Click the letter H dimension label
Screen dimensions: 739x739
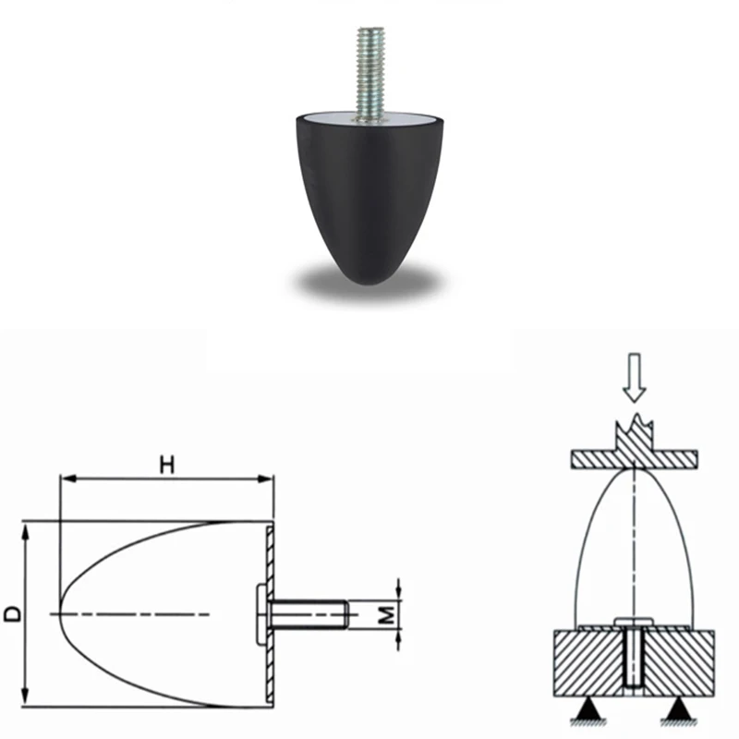[x=167, y=465]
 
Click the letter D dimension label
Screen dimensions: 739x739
[x=13, y=614]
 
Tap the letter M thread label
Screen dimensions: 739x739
[x=386, y=614]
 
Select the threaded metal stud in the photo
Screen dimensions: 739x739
[x=371, y=75]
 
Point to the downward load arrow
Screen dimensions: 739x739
[x=635, y=378]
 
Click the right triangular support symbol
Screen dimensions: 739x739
[x=678, y=709]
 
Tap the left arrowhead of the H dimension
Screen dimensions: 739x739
[x=68, y=479]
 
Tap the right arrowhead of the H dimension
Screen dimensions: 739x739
[x=265, y=479]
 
